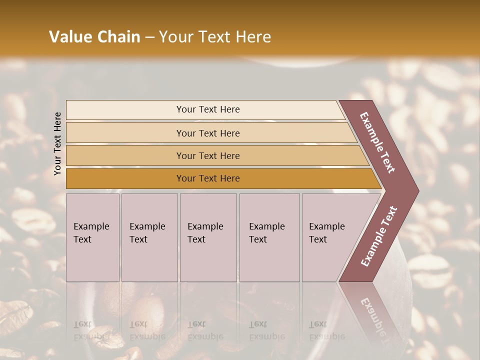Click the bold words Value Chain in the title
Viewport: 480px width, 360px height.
click(94, 37)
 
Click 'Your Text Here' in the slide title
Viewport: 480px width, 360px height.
click(214, 37)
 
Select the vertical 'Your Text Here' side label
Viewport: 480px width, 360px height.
click(58, 143)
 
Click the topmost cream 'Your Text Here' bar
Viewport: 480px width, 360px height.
click(207, 109)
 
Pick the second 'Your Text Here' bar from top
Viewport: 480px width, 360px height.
click(207, 133)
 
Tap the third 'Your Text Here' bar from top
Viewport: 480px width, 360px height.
click(207, 155)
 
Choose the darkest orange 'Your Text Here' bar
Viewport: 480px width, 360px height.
click(207, 178)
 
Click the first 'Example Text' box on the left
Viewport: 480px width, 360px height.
click(92, 237)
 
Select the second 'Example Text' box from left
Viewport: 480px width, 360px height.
click(149, 237)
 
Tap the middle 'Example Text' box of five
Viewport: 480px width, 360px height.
click(207, 237)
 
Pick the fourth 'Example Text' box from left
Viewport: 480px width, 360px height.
click(269, 237)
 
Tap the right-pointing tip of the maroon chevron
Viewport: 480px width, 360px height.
click(416, 190)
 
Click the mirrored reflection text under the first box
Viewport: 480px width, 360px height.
click(91, 330)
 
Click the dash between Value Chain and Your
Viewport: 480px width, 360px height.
click(149, 37)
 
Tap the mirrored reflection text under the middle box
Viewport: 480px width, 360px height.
click(205, 330)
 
